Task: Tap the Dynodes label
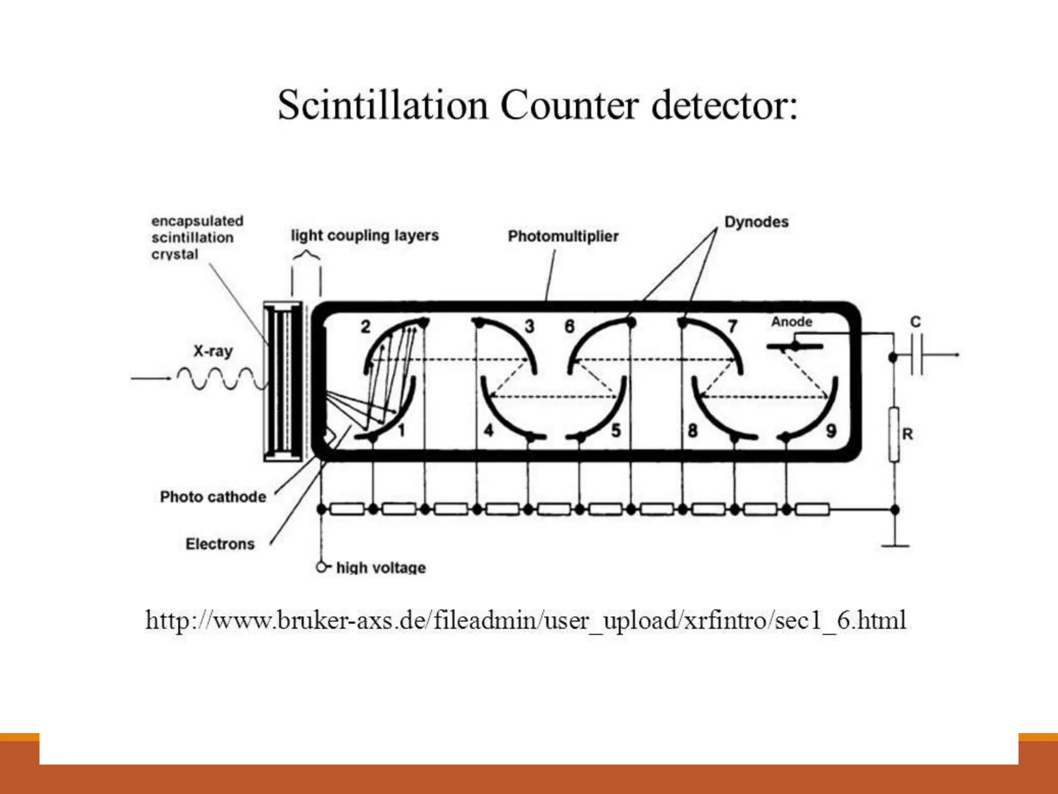coord(756,222)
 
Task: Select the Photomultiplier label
coord(563,236)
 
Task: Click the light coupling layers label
coord(365,235)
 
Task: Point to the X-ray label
coord(213,351)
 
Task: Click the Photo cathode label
coord(213,497)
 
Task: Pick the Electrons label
coord(220,544)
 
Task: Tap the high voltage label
coord(381,568)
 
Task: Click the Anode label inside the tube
coord(791,322)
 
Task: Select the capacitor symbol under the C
coord(916,355)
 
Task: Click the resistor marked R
coord(894,434)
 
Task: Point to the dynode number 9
coord(831,431)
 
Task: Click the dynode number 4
coord(488,430)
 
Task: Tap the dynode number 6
coord(569,326)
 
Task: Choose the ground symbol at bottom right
coord(895,545)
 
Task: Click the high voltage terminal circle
coord(321,568)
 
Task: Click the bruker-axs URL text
coord(525,620)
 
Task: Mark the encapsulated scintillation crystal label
coord(197,238)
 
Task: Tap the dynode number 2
coord(365,327)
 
